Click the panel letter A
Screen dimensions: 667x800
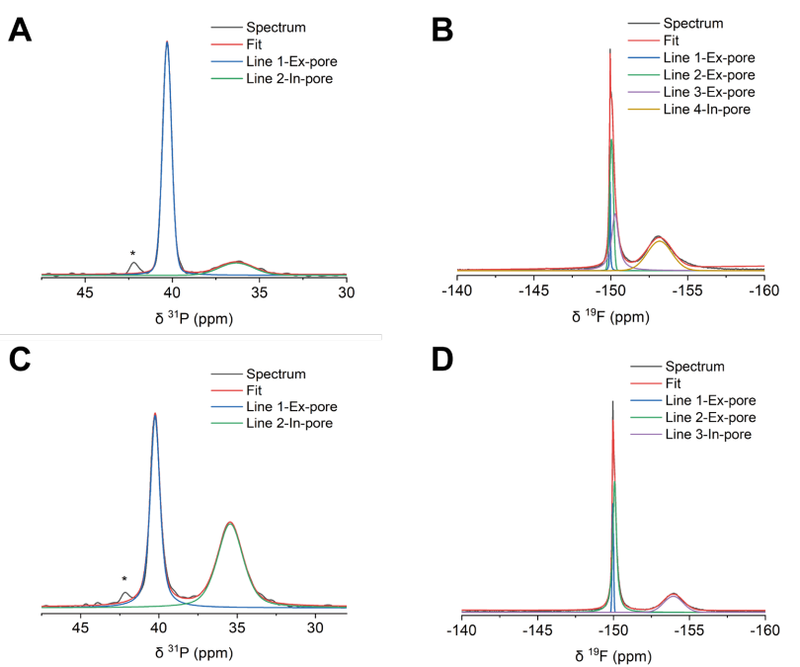22,30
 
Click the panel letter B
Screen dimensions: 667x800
442,30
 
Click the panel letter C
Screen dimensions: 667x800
22,359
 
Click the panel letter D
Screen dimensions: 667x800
442,359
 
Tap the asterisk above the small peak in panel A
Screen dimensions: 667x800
132,254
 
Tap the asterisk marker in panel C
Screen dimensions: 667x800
124,580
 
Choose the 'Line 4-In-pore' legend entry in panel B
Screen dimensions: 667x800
706,110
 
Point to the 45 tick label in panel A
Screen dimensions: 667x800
84,293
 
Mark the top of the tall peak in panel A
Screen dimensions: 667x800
167,42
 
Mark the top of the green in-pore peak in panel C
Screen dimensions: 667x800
229,523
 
